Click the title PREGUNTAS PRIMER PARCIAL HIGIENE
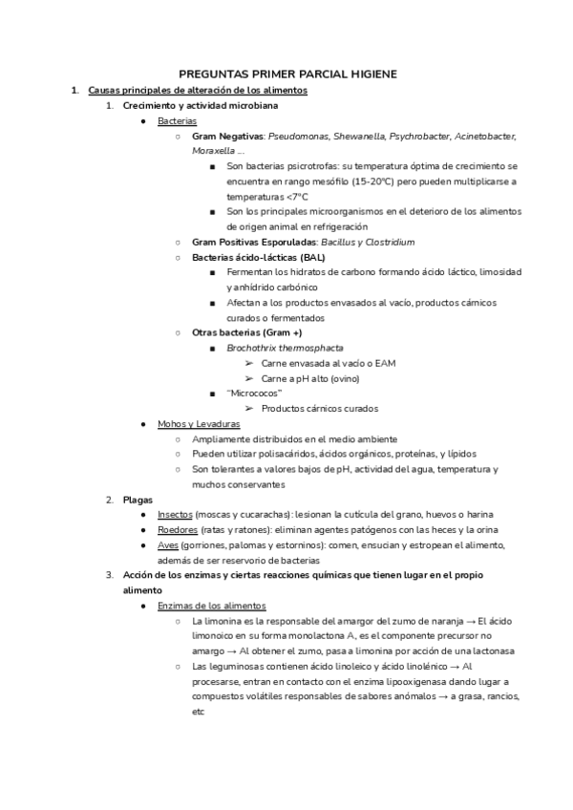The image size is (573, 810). pos(287,74)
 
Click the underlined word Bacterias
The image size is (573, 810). pos(177,121)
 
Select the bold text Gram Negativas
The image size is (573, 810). pos(228,137)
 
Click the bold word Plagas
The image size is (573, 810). pos(138,500)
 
